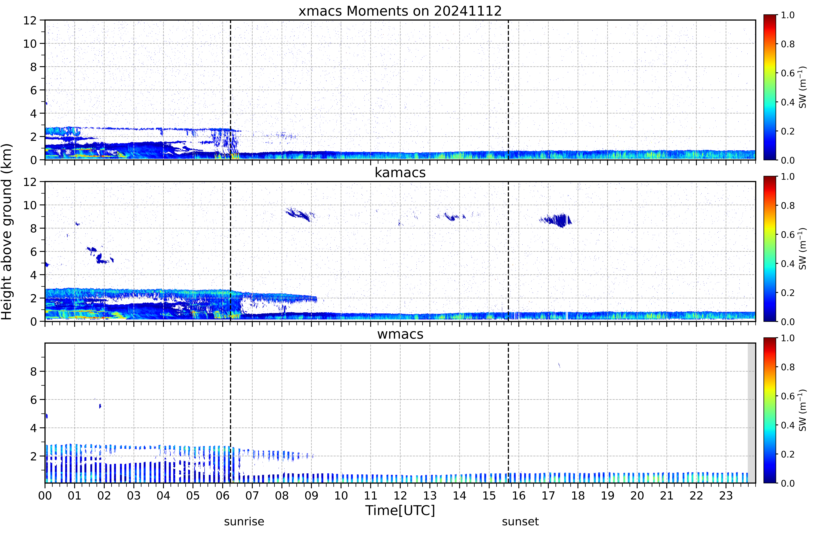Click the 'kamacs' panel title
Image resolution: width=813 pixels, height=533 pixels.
[400, 172]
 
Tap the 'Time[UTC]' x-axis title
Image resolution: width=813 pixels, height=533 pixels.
[400, 510]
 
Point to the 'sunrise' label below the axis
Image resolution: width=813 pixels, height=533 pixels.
[244, 522]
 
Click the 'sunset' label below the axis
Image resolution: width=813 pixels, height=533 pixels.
[520, 522]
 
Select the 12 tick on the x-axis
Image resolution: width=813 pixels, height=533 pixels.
[400, 495]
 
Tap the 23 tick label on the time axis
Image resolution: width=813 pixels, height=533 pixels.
[726, 495]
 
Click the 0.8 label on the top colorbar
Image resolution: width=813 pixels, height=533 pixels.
[788, 44]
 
